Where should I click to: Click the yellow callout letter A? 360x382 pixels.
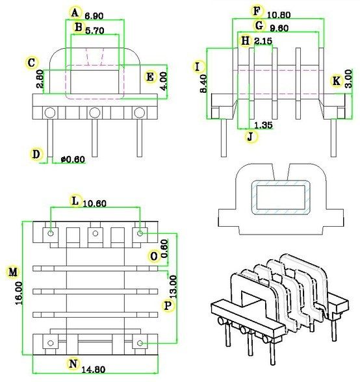[75, 12]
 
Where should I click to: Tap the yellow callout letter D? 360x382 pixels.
[36, 155]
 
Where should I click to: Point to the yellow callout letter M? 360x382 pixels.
[12, 270]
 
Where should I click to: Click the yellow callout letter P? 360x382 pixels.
[168, 304]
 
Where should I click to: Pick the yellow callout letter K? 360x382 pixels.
[336, 81]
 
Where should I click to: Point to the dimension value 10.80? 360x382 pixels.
[279, 13]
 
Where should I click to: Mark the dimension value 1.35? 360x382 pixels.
[263, 124]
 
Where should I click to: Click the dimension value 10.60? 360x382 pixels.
[96, 203]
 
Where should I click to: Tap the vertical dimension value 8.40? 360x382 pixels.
[203, 84]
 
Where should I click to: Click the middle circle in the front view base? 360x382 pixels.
[95, 113]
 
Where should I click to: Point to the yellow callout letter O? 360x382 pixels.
[153, 256]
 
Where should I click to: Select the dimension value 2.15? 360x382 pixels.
[263, 42]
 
